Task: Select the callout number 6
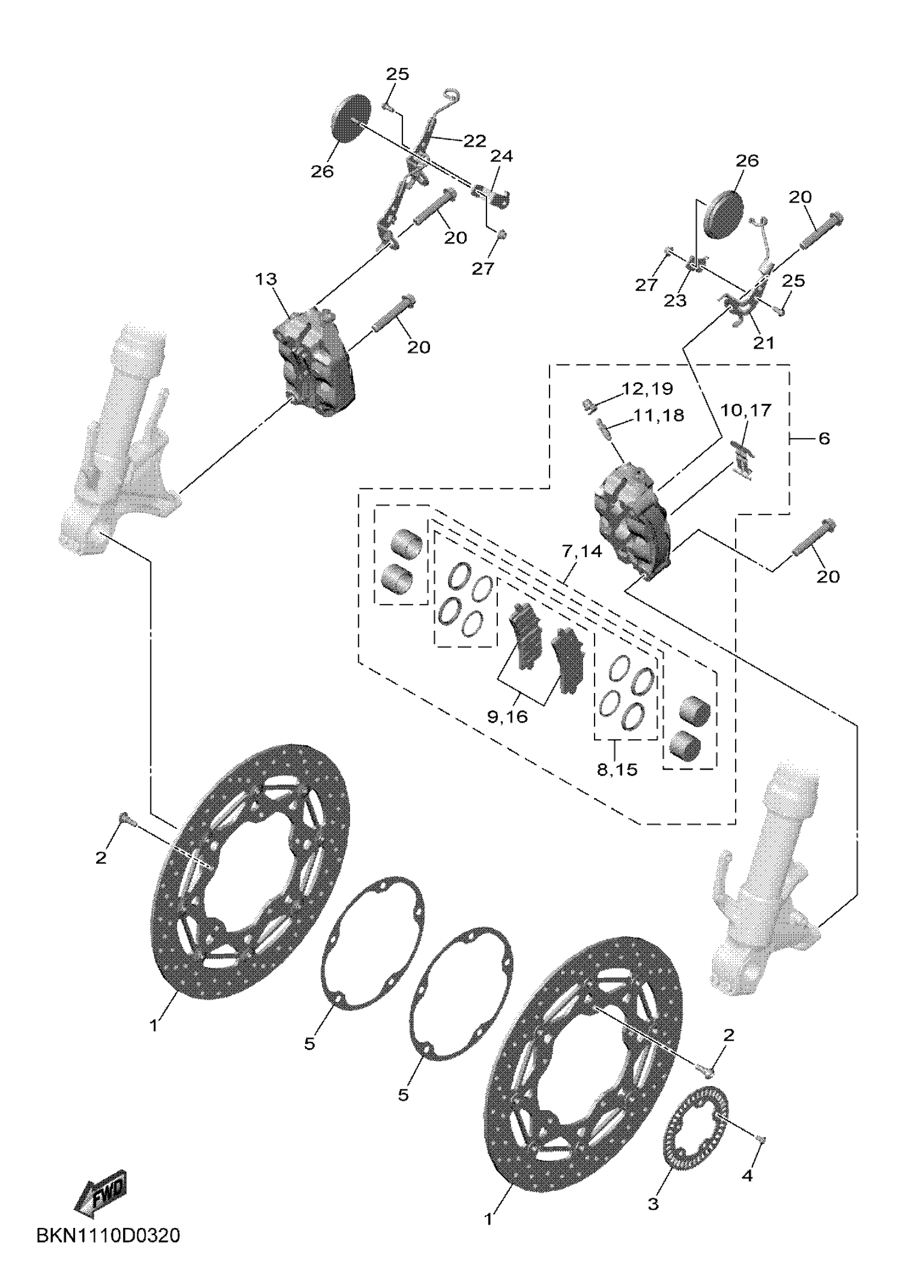(x=824, y=438)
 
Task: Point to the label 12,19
(x=647, y=389)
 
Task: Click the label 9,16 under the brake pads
(x=508, y=717)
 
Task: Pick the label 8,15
(x=617, y=770)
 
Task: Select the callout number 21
(x=764, y=342)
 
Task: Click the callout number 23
(x=675, y=300)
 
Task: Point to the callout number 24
(x=501, y=156)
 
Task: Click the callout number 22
(x=475, y=141)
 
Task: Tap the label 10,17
(x=745, y=410)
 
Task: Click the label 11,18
(x=659, y=415)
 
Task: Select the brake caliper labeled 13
(x=313, y=361)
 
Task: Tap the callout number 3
(x=653, y=1204)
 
